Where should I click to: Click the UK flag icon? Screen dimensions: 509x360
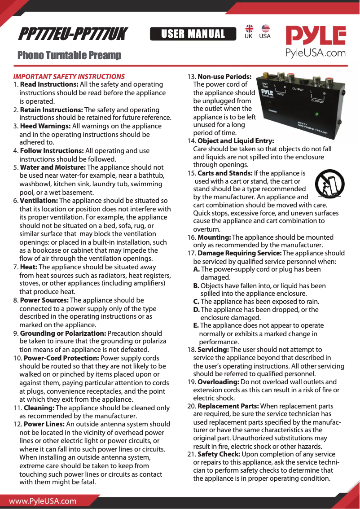coord(249,29)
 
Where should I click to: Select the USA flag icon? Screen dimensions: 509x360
coord(265,29)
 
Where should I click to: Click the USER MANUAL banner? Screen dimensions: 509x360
coord(193,34)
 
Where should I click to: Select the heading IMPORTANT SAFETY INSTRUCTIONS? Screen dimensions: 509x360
coord(69,76)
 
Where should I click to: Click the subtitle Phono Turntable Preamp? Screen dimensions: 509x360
coord(69,55)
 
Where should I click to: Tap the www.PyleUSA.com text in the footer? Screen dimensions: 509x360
coord(43,501)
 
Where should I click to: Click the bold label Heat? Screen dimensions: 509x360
coord(29,267)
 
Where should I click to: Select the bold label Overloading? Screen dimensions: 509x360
coord(218,382)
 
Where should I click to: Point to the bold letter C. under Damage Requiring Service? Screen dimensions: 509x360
coord(196,302)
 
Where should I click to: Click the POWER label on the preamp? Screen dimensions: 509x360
coord(272,110)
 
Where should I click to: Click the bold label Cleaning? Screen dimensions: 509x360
coord(39,408)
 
